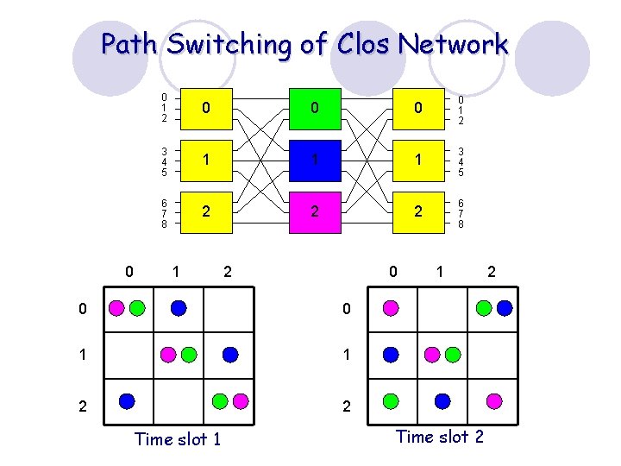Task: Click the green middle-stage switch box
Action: (315, 109)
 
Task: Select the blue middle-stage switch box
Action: (315, 161)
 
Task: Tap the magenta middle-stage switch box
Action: (315, 212)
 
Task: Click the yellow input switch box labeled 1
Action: (206, 161)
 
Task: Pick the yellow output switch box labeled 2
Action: (418, 212)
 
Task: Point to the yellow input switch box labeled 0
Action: (206, 109)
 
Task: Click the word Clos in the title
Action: (363, 43)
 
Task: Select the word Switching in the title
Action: (229, 45)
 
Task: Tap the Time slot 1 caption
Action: (178, 439)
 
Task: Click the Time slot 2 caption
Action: (440, 437)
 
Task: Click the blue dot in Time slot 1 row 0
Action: (179, 308)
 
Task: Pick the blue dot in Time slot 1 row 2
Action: (127, 401)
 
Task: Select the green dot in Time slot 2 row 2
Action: (391, 401)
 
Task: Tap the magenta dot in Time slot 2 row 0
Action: (391, 308)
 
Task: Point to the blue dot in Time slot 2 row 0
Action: (505, 308)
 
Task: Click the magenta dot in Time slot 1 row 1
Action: (168, 355)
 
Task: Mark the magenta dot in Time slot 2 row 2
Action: (494, 401)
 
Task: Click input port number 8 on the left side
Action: (165, 224)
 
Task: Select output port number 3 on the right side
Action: (461, 151)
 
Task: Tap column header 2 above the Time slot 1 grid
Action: (228, 272)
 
